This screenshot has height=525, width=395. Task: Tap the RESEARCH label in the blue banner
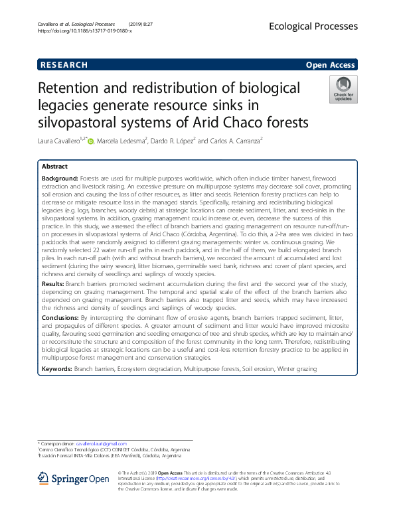click(64, 64)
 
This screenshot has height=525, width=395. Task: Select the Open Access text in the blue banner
click(330, 64)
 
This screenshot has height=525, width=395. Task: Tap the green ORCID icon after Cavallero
click(91, 141)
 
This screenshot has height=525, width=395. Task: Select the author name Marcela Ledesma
click(123, 141)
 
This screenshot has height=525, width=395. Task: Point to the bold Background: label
click(60, 179)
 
